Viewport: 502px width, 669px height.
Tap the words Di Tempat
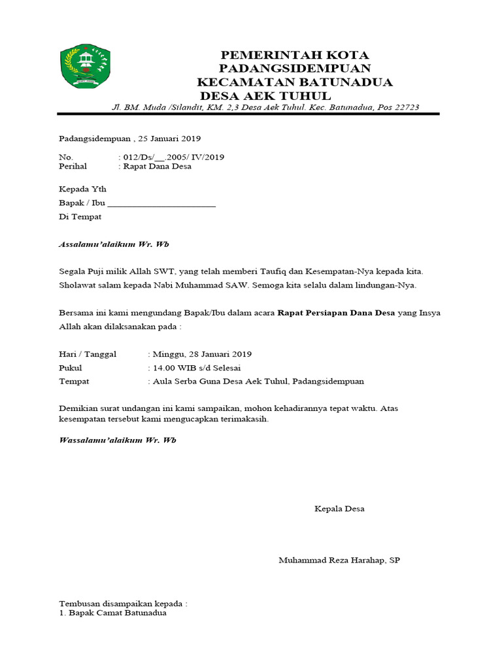80,216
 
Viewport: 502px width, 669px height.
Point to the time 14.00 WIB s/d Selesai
197,368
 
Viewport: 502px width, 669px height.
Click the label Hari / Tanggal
88,354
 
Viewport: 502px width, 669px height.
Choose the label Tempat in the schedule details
74,382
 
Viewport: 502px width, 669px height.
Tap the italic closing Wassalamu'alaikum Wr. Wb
118,440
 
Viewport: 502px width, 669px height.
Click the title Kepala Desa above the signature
339,509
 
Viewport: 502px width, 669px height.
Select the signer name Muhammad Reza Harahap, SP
339,561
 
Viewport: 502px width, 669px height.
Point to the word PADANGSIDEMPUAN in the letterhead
295,69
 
